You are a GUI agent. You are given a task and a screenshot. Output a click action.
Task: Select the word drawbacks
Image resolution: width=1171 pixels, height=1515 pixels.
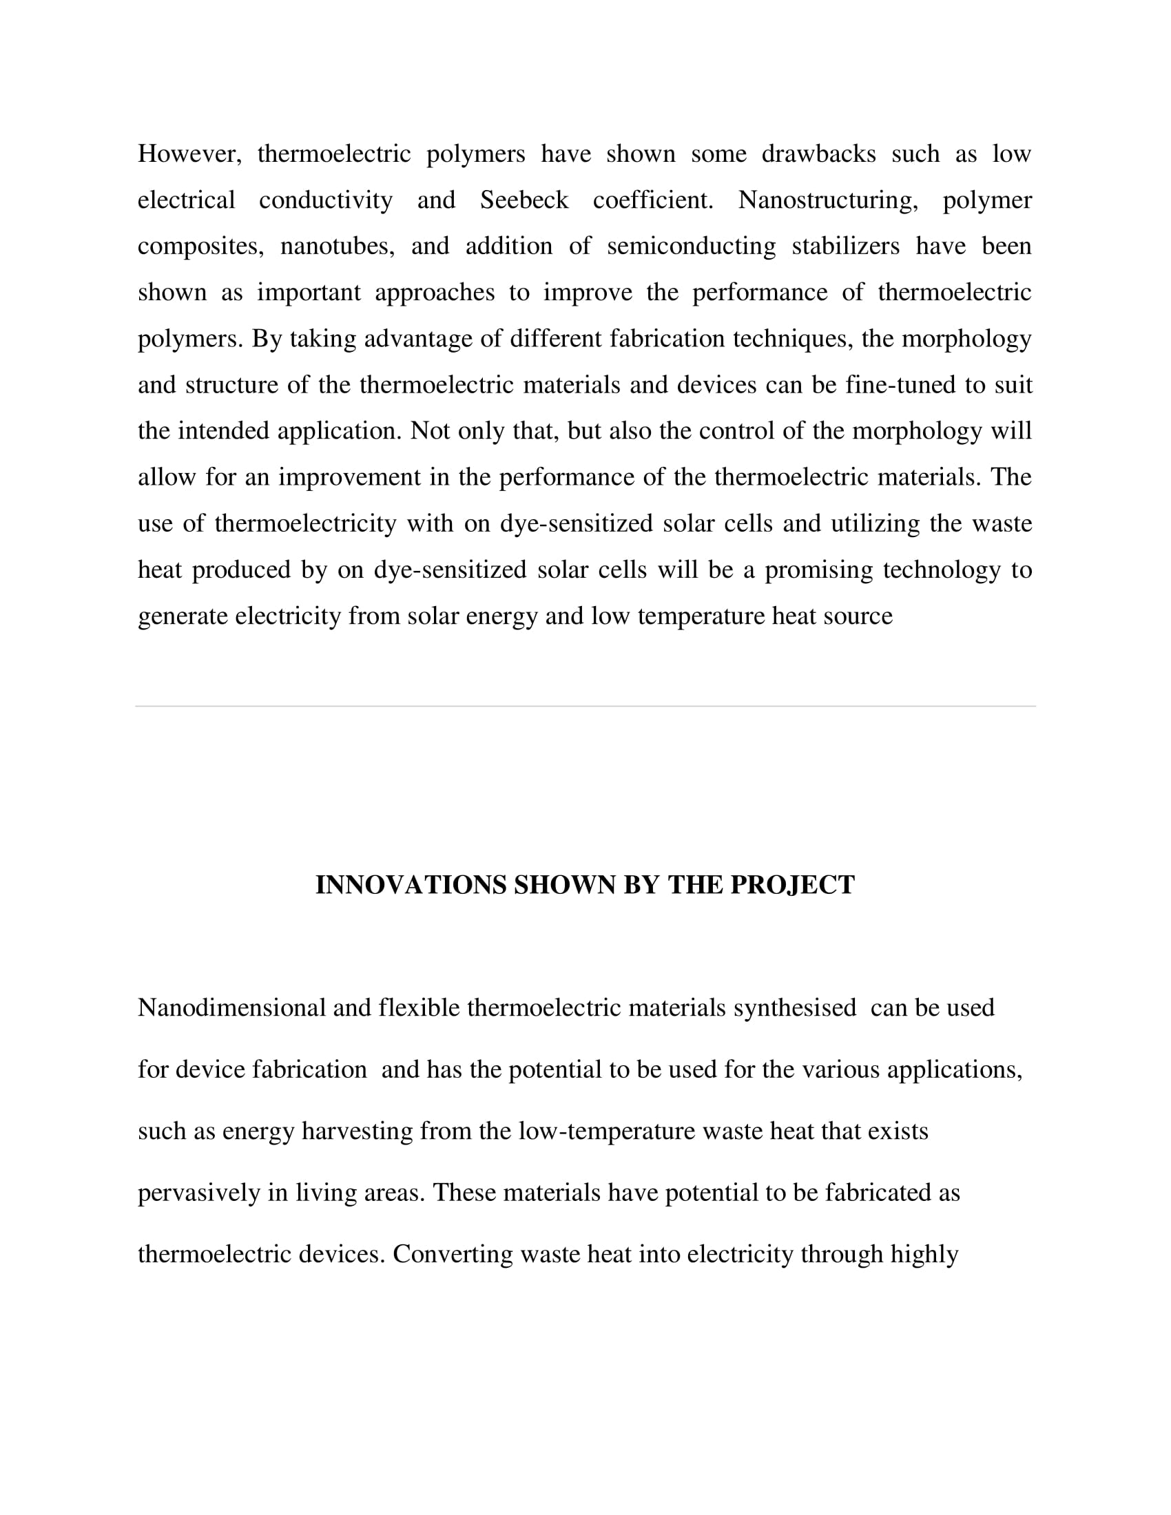click(x=818, y=154)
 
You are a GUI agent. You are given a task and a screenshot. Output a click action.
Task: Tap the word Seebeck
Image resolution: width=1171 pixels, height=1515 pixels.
click(x=524, y=200)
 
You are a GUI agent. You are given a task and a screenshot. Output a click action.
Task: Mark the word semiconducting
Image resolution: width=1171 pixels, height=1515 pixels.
click(x=691, y=247)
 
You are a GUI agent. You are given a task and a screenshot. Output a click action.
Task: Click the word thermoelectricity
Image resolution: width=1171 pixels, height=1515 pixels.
click(x=305, y=524)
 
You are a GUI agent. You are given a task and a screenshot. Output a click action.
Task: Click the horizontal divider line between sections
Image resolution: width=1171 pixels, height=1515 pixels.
click(x=585, y=706)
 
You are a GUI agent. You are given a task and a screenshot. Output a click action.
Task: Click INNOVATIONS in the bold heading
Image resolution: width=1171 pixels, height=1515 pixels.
click(x=411, y=885)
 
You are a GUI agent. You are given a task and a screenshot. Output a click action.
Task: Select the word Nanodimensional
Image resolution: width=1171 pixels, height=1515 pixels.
click(x=231, y=1008)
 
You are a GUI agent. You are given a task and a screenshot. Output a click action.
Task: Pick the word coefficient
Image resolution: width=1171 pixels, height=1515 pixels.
click(x=653, y=200)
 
